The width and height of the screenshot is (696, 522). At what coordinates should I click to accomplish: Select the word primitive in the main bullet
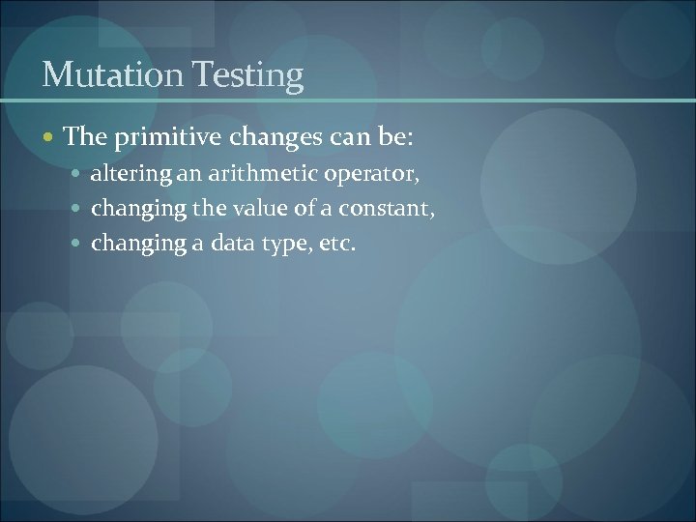tap(160, 139)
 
